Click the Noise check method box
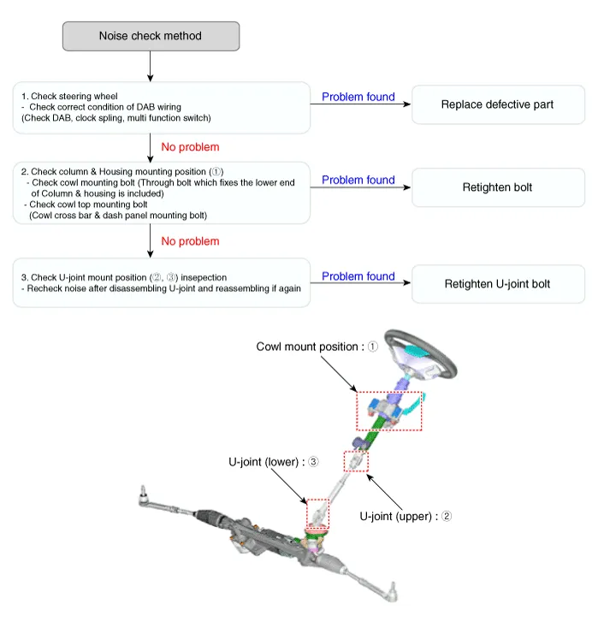pyautogui.click(x=151, y=36)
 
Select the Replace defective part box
pyautogui.click(x=498, y=104)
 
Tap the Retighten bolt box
pyautogui.click(x=498, y=187)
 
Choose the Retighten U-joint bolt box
pyautogui.click(x=498, y=284)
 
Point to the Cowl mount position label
pyautogui.click(x=317, y=347)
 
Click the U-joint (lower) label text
pyautogui.click(x=273, y=462)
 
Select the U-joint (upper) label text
pyautogui.click(x=406, y=516)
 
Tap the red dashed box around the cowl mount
pyautogui.click(x=358, y=411)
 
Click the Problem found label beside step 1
pyautogui.click(x=358, y=97)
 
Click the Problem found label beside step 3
pyautogui.click(x=358, y=276)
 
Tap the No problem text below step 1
pyautogui.click(x=190, y=147)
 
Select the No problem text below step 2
pyautogui.click(x=190, y=241)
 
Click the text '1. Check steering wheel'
pyautogui.click(x=69, y=96)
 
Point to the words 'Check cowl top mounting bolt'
pyautogui.click(x=88, y=204)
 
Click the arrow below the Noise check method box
pyautogui.click(x=151, y=67)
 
